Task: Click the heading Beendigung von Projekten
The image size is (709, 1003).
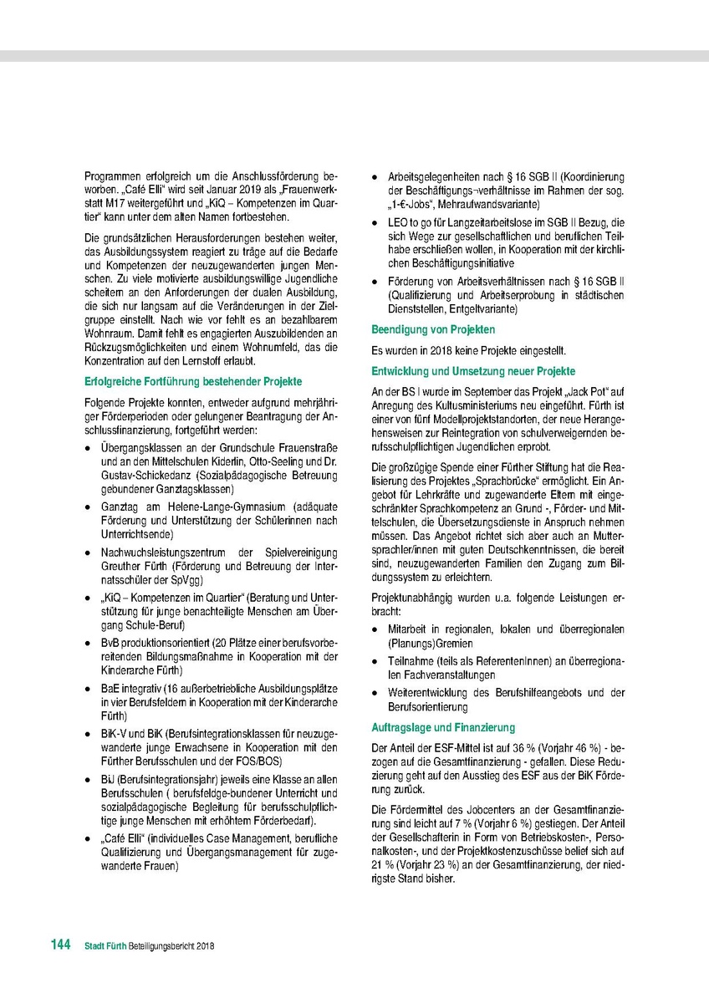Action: point(432,330)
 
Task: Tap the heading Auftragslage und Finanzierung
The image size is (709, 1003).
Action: point(442,728)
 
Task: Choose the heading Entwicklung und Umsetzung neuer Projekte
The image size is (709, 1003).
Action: point(473,371)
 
